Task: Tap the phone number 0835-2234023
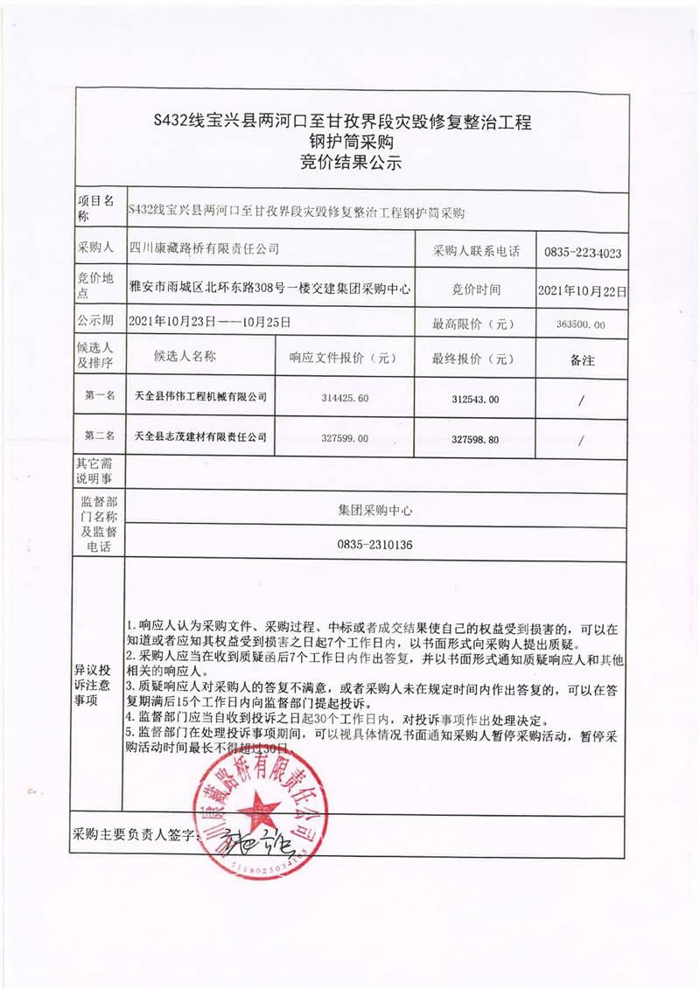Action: [x=582, y=252]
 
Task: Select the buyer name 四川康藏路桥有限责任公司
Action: [x=204, y=249]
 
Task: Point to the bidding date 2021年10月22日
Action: [x=582, y=289]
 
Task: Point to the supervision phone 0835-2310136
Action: [x=374, y=545]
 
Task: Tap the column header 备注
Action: [x=582, y=359]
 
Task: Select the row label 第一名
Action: [x=100, y=396]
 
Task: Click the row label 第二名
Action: [x=100, y=435]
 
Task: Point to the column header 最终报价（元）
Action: [x=473, y=359]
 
